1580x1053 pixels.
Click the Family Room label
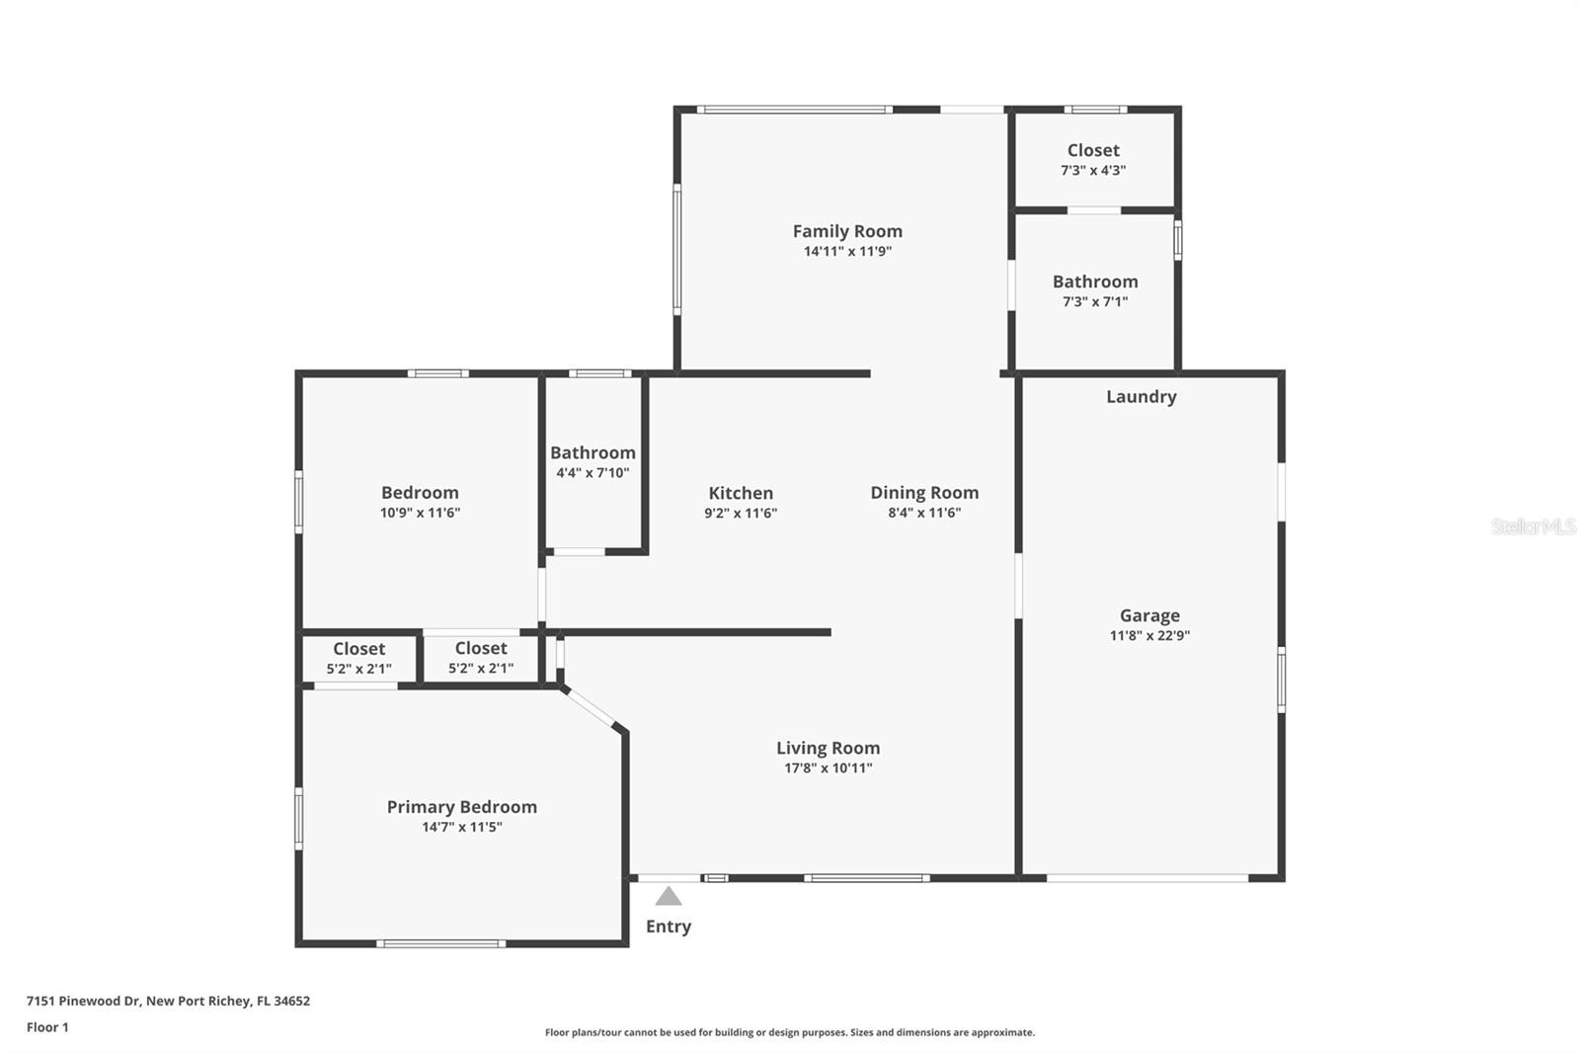pos(847,231)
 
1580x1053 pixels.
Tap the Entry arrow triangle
pos(669,897)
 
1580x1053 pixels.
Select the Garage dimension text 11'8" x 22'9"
pos(1149,636)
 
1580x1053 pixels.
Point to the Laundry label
pos(1141,396)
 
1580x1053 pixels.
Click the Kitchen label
pos(741,493)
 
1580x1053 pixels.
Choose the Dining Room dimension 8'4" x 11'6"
pos(924,513)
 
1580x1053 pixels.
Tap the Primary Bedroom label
pos(461,807)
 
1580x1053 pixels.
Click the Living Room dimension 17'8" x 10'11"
pos(828,769)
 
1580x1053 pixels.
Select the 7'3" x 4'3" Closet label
pos(1093,150)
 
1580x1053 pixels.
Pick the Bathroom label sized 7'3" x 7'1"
pos(1094,282)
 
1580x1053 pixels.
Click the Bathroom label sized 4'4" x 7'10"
pos(592,452)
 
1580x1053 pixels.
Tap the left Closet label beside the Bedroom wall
pos(358,649)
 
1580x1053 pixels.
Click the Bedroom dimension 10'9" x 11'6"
pos(420,513)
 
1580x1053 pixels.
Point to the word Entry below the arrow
pos(669,927)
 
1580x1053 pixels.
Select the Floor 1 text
pos(47,1027)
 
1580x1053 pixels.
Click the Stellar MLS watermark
pos(1533,526)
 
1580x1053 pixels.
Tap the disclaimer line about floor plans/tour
pos(790,1032)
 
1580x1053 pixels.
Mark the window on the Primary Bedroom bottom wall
pos(440,943)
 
